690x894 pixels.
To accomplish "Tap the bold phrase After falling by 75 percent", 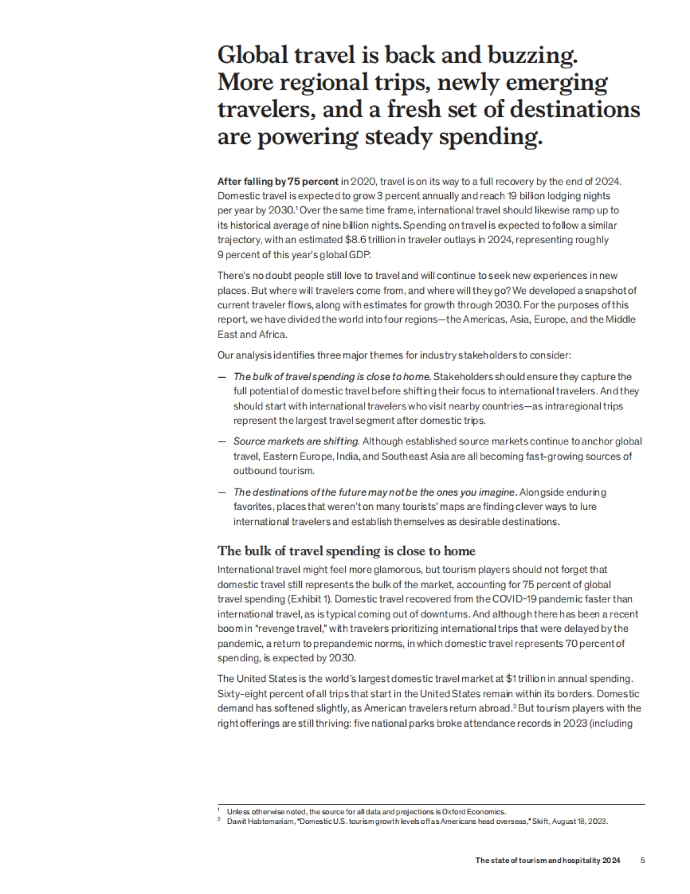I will point(278,182).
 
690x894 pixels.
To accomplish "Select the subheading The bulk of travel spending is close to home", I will point(346,551).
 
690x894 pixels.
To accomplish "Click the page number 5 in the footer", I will point(643,861).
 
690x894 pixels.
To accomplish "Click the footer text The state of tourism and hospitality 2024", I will point(547,861).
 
